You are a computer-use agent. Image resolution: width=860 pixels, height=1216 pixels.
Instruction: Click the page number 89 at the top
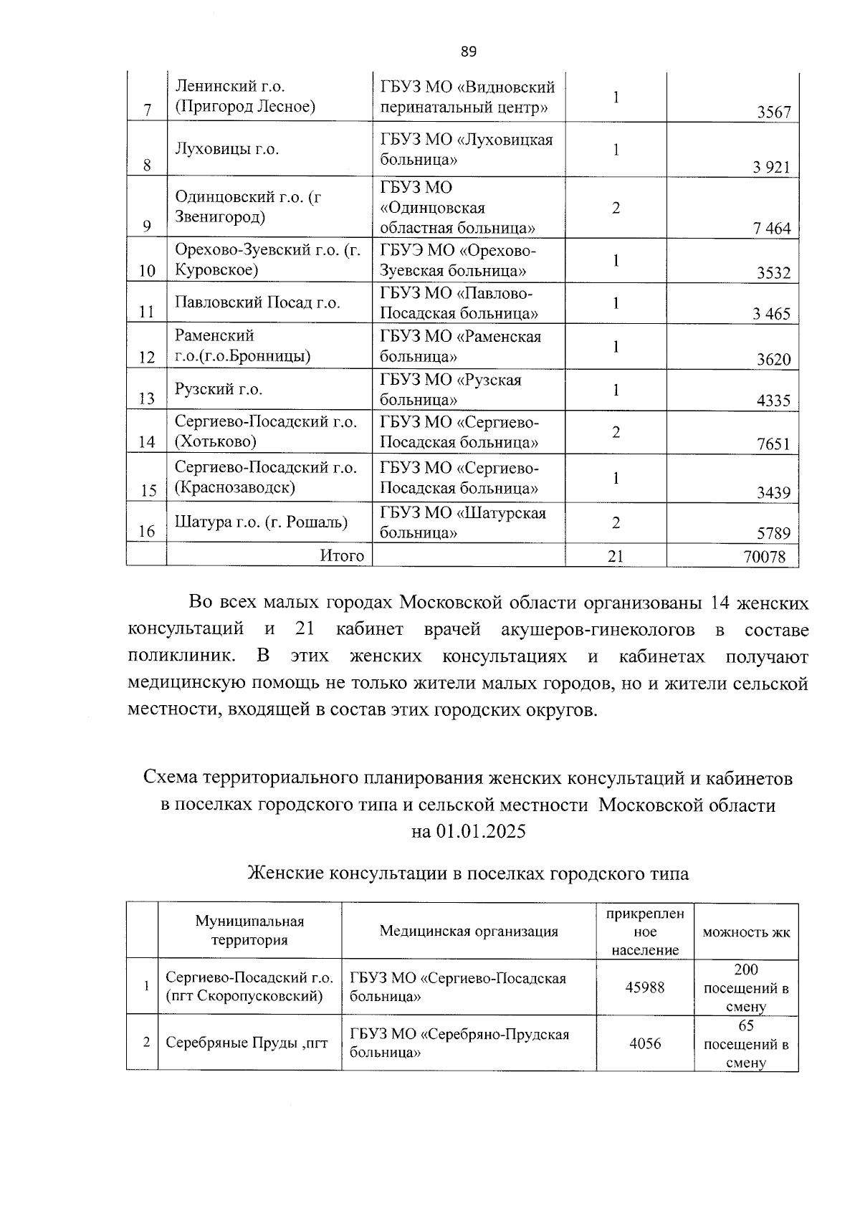click(x=468, y=52)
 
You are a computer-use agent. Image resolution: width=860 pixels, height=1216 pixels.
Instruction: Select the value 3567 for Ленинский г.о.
click(x=773, y=112)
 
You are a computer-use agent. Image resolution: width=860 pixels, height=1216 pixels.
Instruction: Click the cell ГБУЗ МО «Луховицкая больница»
click(x=467, y=149)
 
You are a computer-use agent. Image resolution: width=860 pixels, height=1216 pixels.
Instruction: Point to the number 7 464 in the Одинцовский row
click(x=771, y=229)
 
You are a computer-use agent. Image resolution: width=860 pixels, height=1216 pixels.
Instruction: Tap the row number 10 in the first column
click(x=147, y=271)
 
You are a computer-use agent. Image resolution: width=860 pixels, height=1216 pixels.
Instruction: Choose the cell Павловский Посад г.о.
click(x=257, y=302)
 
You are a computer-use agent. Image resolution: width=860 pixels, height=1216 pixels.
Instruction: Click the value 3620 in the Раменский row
click(x=773, y=359)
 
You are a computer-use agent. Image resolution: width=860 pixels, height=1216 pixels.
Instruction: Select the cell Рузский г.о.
click(x=219, y=389)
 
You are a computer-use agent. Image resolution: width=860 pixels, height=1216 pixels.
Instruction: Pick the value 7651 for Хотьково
click(x=773, y=444)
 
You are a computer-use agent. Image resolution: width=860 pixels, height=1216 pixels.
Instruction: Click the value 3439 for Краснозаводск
click(x=773, y=493)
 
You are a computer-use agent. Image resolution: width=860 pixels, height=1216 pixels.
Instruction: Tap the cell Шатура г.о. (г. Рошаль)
click(x=261, y=522)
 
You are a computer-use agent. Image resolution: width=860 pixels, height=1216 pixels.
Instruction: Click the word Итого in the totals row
click(x=342, y=555)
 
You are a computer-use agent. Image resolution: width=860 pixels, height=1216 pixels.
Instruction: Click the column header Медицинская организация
click(x=468, y=931)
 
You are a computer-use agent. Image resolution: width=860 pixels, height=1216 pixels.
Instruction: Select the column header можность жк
click(x=746, y=932)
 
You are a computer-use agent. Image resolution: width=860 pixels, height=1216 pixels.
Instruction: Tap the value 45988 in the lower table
click(x=644, y=987)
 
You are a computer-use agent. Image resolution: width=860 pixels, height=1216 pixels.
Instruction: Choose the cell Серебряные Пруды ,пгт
click(x=247, y=1043)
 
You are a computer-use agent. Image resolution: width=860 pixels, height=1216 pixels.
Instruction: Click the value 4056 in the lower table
click(x=644, y=1043)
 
